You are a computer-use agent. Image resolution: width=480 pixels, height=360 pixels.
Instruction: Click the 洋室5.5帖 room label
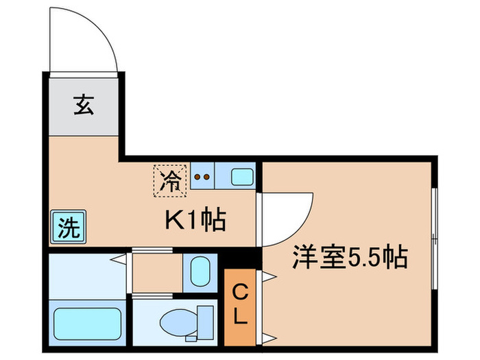pyautogui.click(x=350, y=259)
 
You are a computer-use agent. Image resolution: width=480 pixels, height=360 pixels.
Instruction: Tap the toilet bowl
pyautogui.click(x=177, y=320)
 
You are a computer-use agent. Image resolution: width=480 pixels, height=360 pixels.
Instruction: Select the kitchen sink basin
pyautogui.click(x=242, y=177)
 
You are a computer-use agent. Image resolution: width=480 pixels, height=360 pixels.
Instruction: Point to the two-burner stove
pyautogui.click(x=202, y=176)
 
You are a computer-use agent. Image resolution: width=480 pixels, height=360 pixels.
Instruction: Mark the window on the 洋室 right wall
pyautogui.click(x=433, y=235)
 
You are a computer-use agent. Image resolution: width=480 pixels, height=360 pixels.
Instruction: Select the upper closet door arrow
pyautogui.click(x=269, y=276)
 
